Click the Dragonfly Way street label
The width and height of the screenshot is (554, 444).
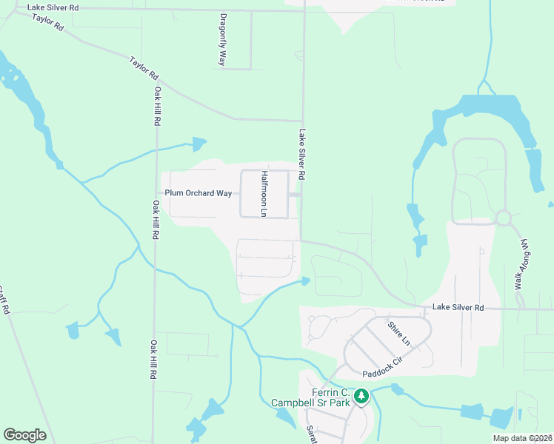coord(222,40)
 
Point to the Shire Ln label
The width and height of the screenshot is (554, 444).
coord(400,332)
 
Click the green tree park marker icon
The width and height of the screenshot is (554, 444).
coord(361,397)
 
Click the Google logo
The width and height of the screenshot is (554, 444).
coord(24,435)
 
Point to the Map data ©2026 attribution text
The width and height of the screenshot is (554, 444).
coord(522,438)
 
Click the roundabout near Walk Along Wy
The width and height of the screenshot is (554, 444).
coord(504,218)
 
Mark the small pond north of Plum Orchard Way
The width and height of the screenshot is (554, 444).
coord(198,144)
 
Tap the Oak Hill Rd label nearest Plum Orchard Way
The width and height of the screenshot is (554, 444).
coord(156,220)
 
